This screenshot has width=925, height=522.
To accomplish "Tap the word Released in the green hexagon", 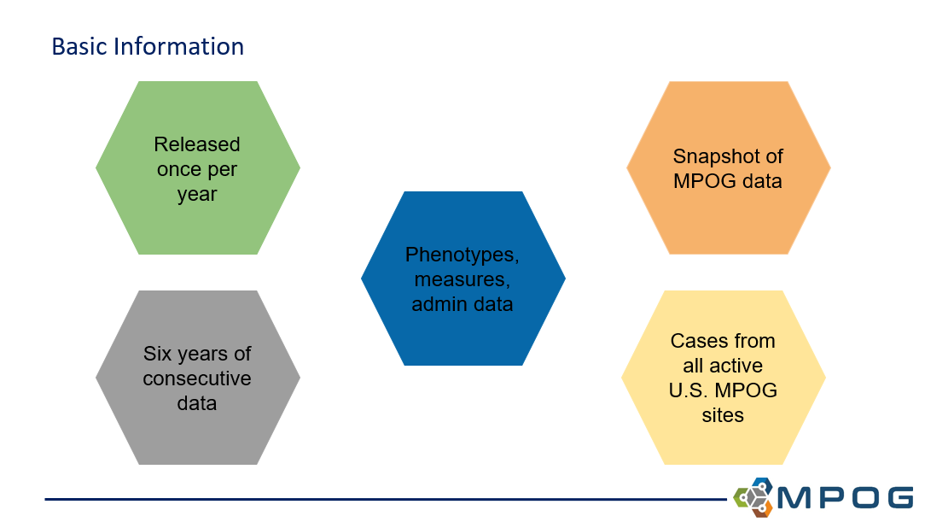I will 197,144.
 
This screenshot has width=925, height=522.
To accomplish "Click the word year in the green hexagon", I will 197,195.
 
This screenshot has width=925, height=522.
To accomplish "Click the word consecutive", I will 197,378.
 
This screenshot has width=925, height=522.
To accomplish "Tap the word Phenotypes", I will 461,255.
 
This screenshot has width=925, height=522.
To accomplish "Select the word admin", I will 437,304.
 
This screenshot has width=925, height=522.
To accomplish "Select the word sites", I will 722,415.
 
